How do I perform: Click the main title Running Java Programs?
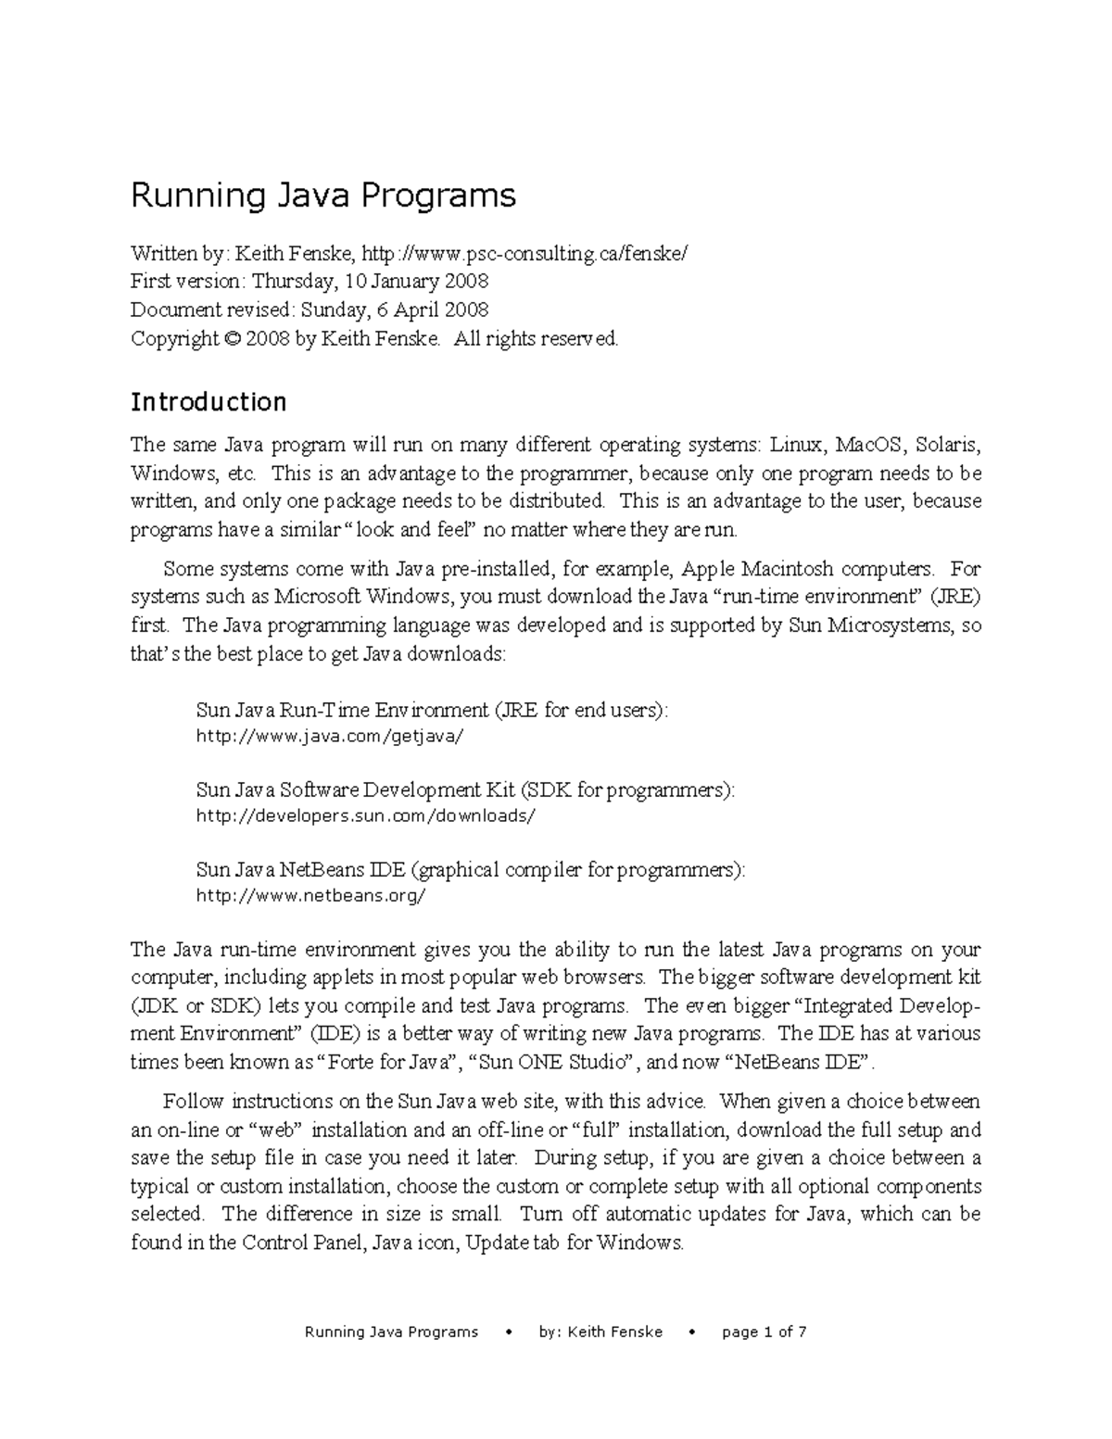[x=322, y=196]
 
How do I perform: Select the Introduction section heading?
[x=208, y=402]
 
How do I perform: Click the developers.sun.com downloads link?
[x=366, y=816]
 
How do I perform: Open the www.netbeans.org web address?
[x=311, y=896]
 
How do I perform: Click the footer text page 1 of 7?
[x=764, y=1332]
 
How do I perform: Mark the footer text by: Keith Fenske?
[x=600, y=1332]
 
